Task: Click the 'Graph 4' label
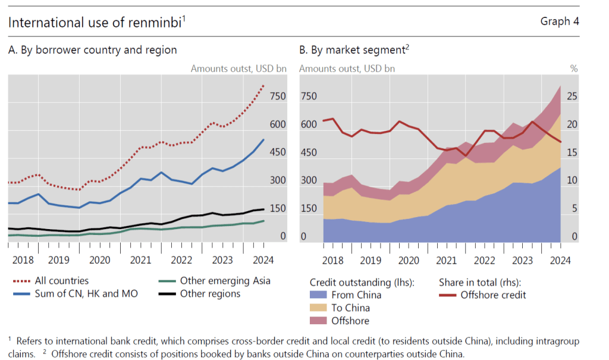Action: click(x=559, y=21)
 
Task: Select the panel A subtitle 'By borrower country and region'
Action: click(x=98, y=50)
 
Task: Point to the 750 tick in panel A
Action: click(x=278, y=96)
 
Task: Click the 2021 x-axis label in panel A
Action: click(x=140, y=260)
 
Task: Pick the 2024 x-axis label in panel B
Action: click(x=560, y=260)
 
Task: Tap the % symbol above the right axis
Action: click(x=574, y=68)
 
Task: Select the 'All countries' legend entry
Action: click(x=62, y=280)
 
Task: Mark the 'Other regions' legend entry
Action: click(x=210, y=293)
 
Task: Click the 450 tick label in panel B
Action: click(x=309, y=153)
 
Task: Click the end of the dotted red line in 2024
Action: click(x=264, y=86)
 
